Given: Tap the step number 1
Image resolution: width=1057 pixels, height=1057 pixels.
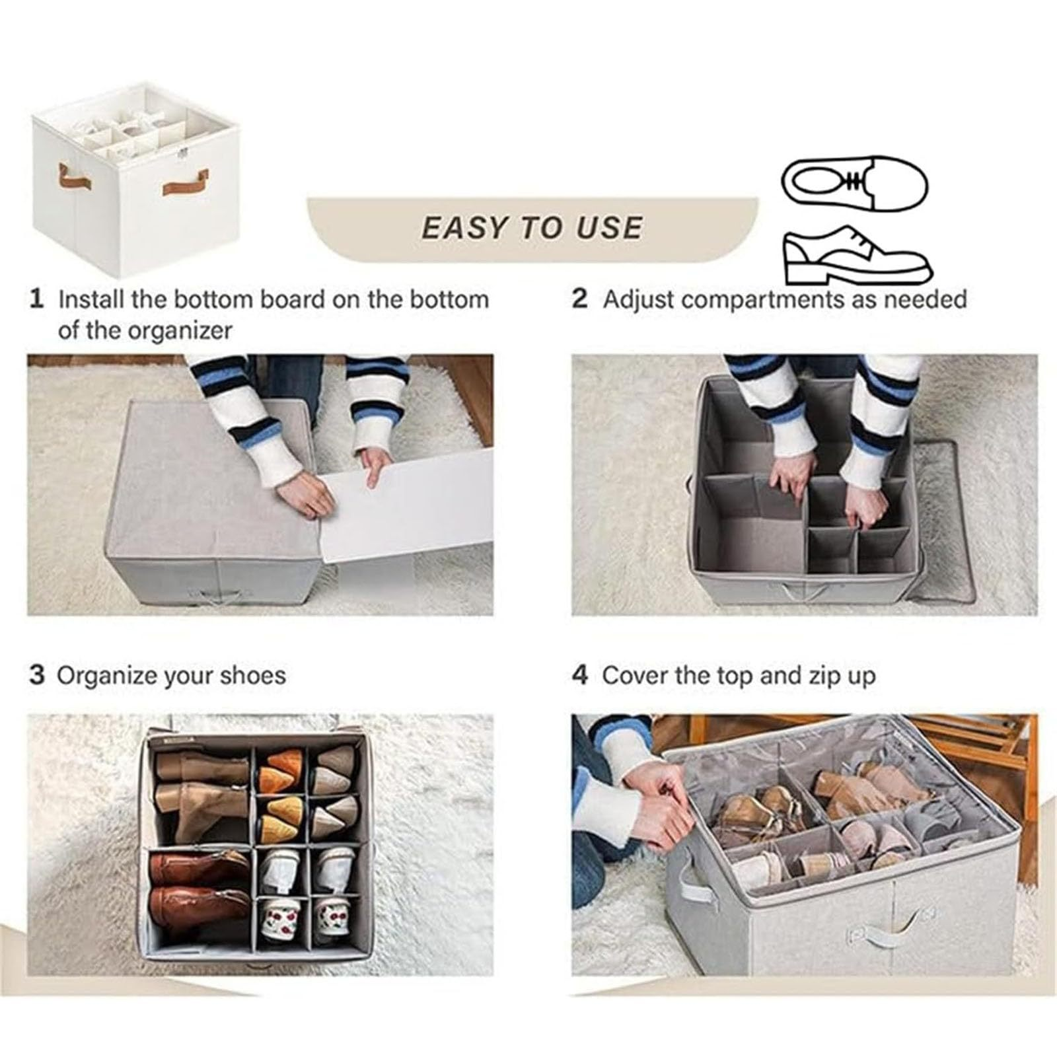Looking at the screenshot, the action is pyautogui.click(x=37, y=299).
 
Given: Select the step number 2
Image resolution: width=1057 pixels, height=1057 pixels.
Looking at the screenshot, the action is pyautogui.click(x=579, y=299).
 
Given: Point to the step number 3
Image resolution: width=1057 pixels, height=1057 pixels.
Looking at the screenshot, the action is pyautogui.click(x=38, y=676).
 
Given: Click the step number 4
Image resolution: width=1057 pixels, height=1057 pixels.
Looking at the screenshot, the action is pyautogui.click(x=579, y=676).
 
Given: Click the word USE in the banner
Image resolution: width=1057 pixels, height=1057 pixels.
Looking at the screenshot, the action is pyautogui.click(x=609, y=228).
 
